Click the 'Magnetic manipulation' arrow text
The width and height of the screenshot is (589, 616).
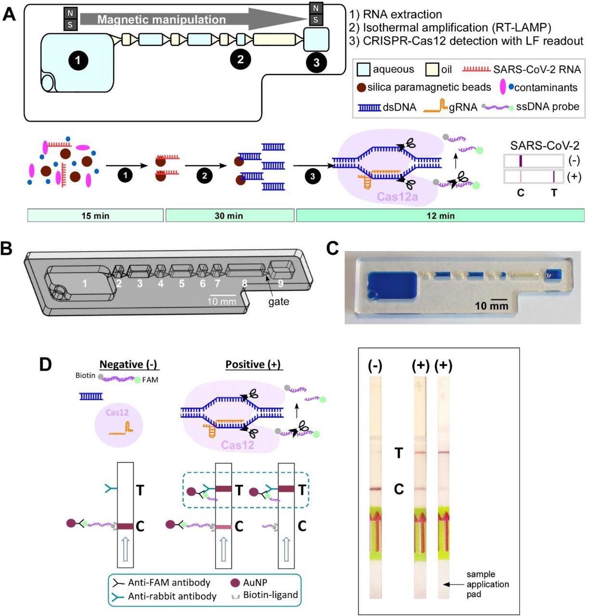(x=161, y=20)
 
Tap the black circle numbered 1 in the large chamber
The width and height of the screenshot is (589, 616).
(x=78, y=60)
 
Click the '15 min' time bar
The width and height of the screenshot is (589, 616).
(x=95, y=216)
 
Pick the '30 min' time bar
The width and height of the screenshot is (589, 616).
(x=229, y=216)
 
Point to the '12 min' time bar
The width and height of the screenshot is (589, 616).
(x=440, y=216)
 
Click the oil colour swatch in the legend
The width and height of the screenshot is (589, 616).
(x=432, y=70)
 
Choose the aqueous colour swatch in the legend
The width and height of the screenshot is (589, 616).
(x=363, y=70)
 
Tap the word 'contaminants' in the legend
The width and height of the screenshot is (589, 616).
(x=546, y=88)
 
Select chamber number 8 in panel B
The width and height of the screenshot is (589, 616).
(x=244, y=283)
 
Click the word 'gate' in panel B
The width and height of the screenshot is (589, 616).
(x=279, y=302)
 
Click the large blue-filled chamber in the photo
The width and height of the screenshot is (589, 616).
(x=391, y=287)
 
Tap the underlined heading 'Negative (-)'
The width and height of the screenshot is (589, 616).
(x=129, y=365)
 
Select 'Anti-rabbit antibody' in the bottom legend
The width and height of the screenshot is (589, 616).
(x=172, y=596)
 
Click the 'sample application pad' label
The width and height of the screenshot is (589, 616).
(x=487, y=584)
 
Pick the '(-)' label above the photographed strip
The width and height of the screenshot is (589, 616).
(x=375, y=366)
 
